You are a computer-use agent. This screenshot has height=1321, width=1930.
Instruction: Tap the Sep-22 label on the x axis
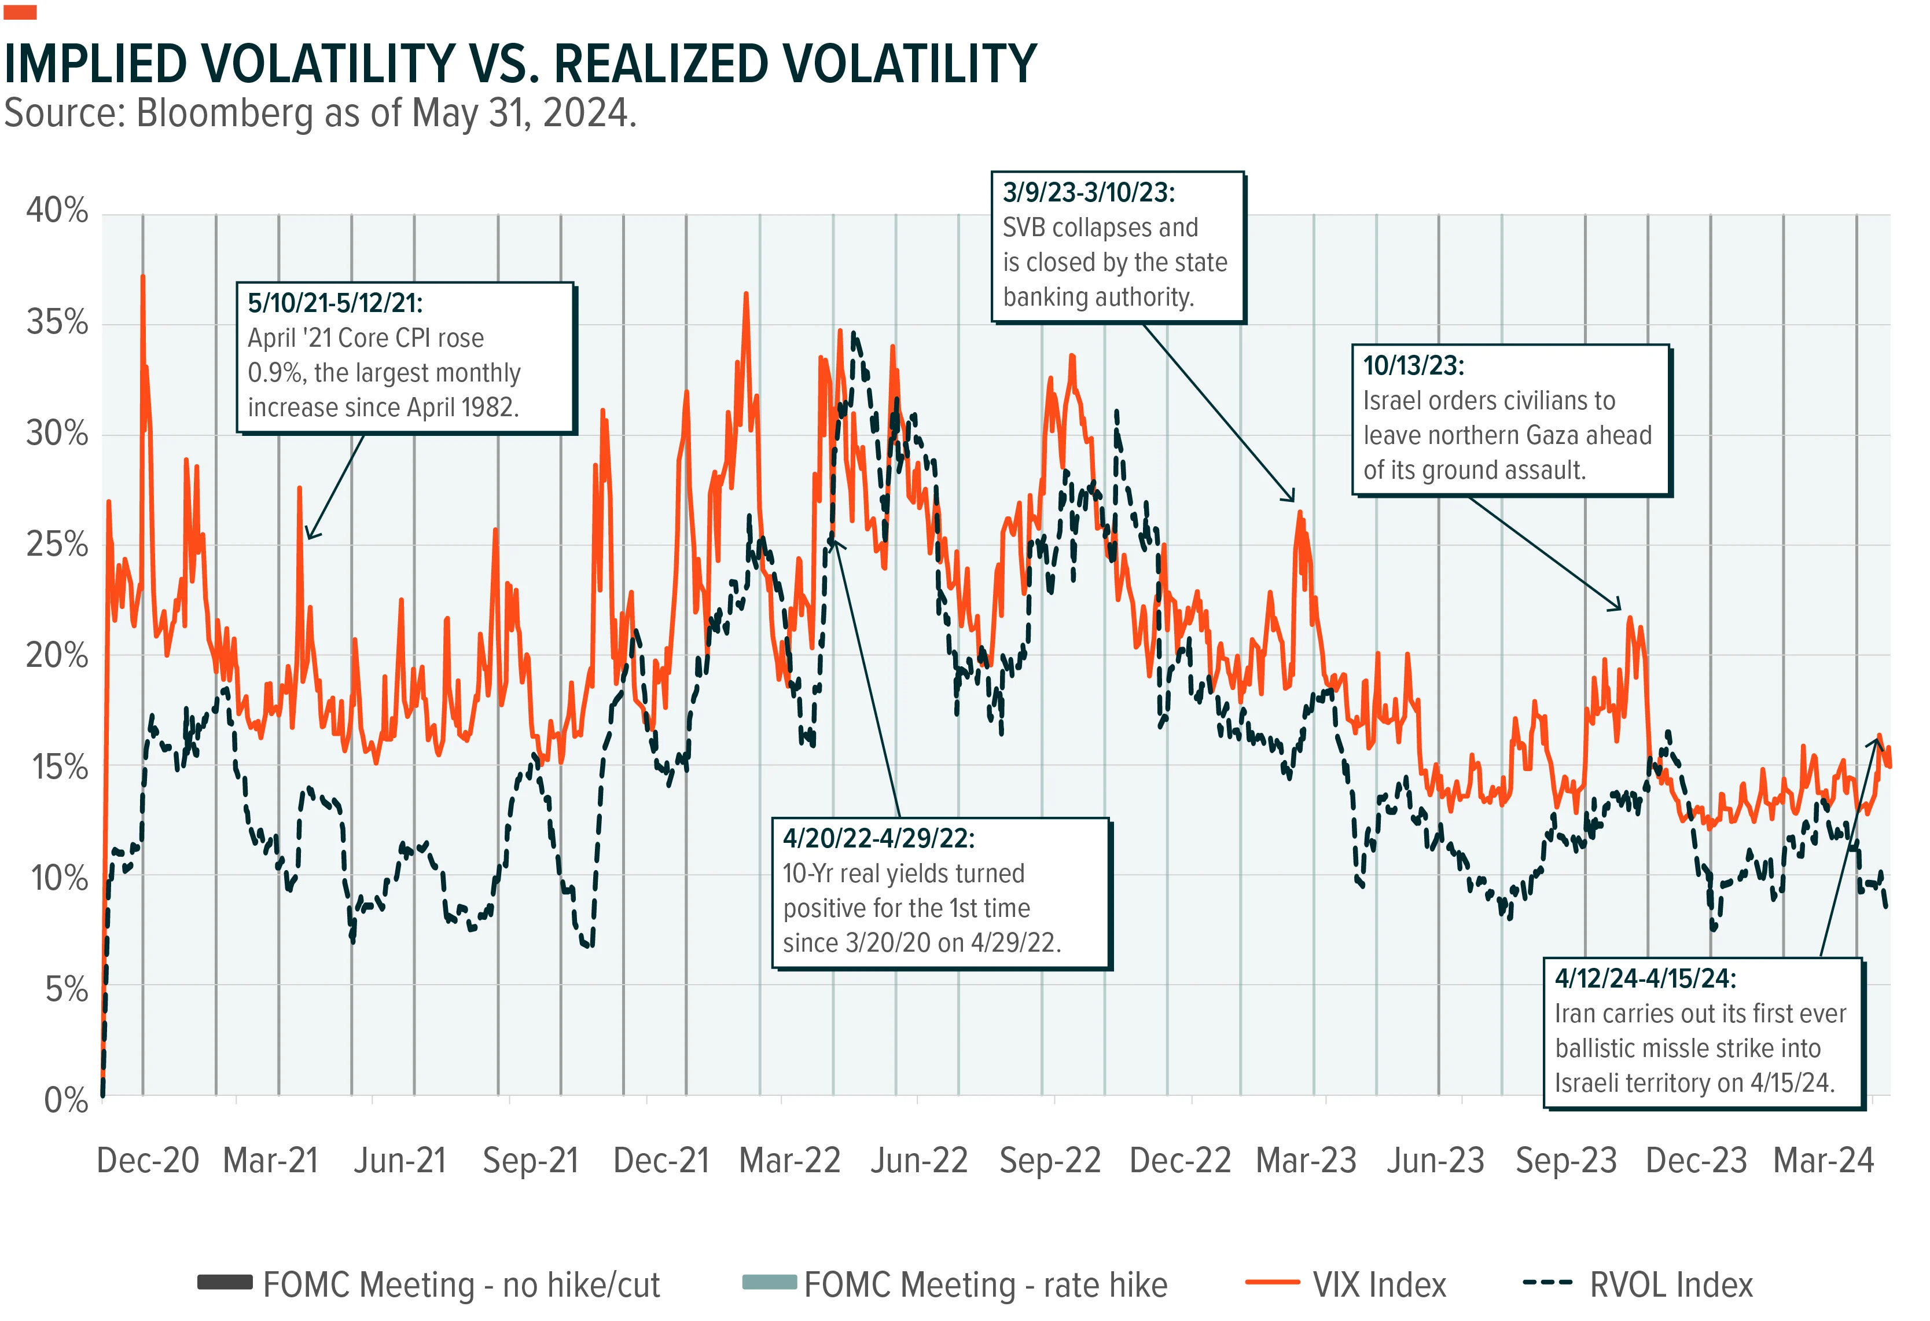tap(1050, 1160)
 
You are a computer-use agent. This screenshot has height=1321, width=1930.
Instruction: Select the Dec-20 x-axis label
tap(148, 1160)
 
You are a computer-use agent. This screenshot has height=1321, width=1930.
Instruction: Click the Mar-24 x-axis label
tap(1823, 1160)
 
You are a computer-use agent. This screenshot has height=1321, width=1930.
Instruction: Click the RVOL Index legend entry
tap(1638, 1285)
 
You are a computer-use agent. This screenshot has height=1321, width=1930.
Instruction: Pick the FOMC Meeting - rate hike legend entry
tap(955, 1285)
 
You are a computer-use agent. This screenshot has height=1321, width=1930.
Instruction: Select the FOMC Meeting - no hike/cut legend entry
tap(428, 1285)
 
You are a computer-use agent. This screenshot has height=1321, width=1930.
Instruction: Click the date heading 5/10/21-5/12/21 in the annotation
tap(336, 303)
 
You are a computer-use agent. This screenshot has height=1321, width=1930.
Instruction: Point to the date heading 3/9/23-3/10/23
tap(1089, 193)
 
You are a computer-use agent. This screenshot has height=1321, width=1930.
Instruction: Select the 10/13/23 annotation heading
tap(1413, 365)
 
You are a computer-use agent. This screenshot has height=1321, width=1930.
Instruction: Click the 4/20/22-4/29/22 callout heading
tap(878, 838)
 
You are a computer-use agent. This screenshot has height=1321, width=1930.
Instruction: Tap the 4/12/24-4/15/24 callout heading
tap(1645, 979)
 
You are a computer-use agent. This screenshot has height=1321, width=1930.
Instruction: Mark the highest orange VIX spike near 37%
tap(143, 277)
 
